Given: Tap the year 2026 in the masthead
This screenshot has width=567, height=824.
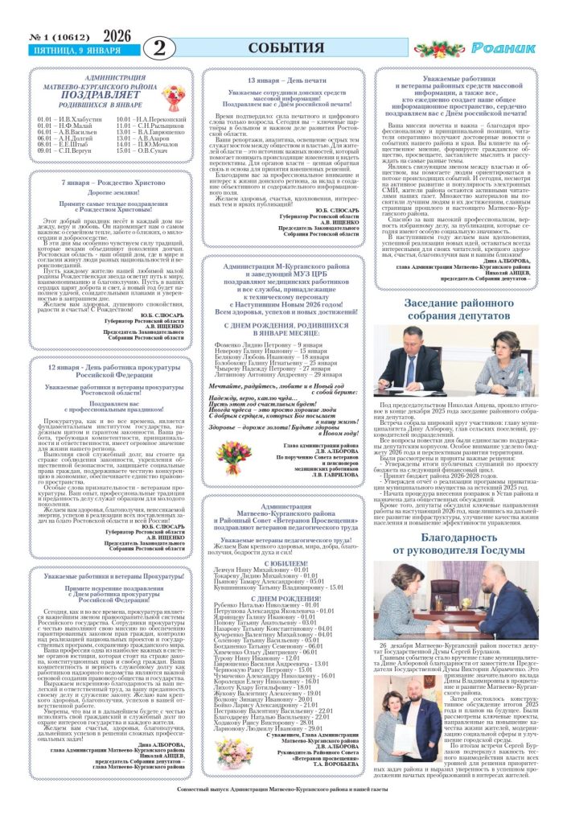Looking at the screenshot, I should point(117,35).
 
